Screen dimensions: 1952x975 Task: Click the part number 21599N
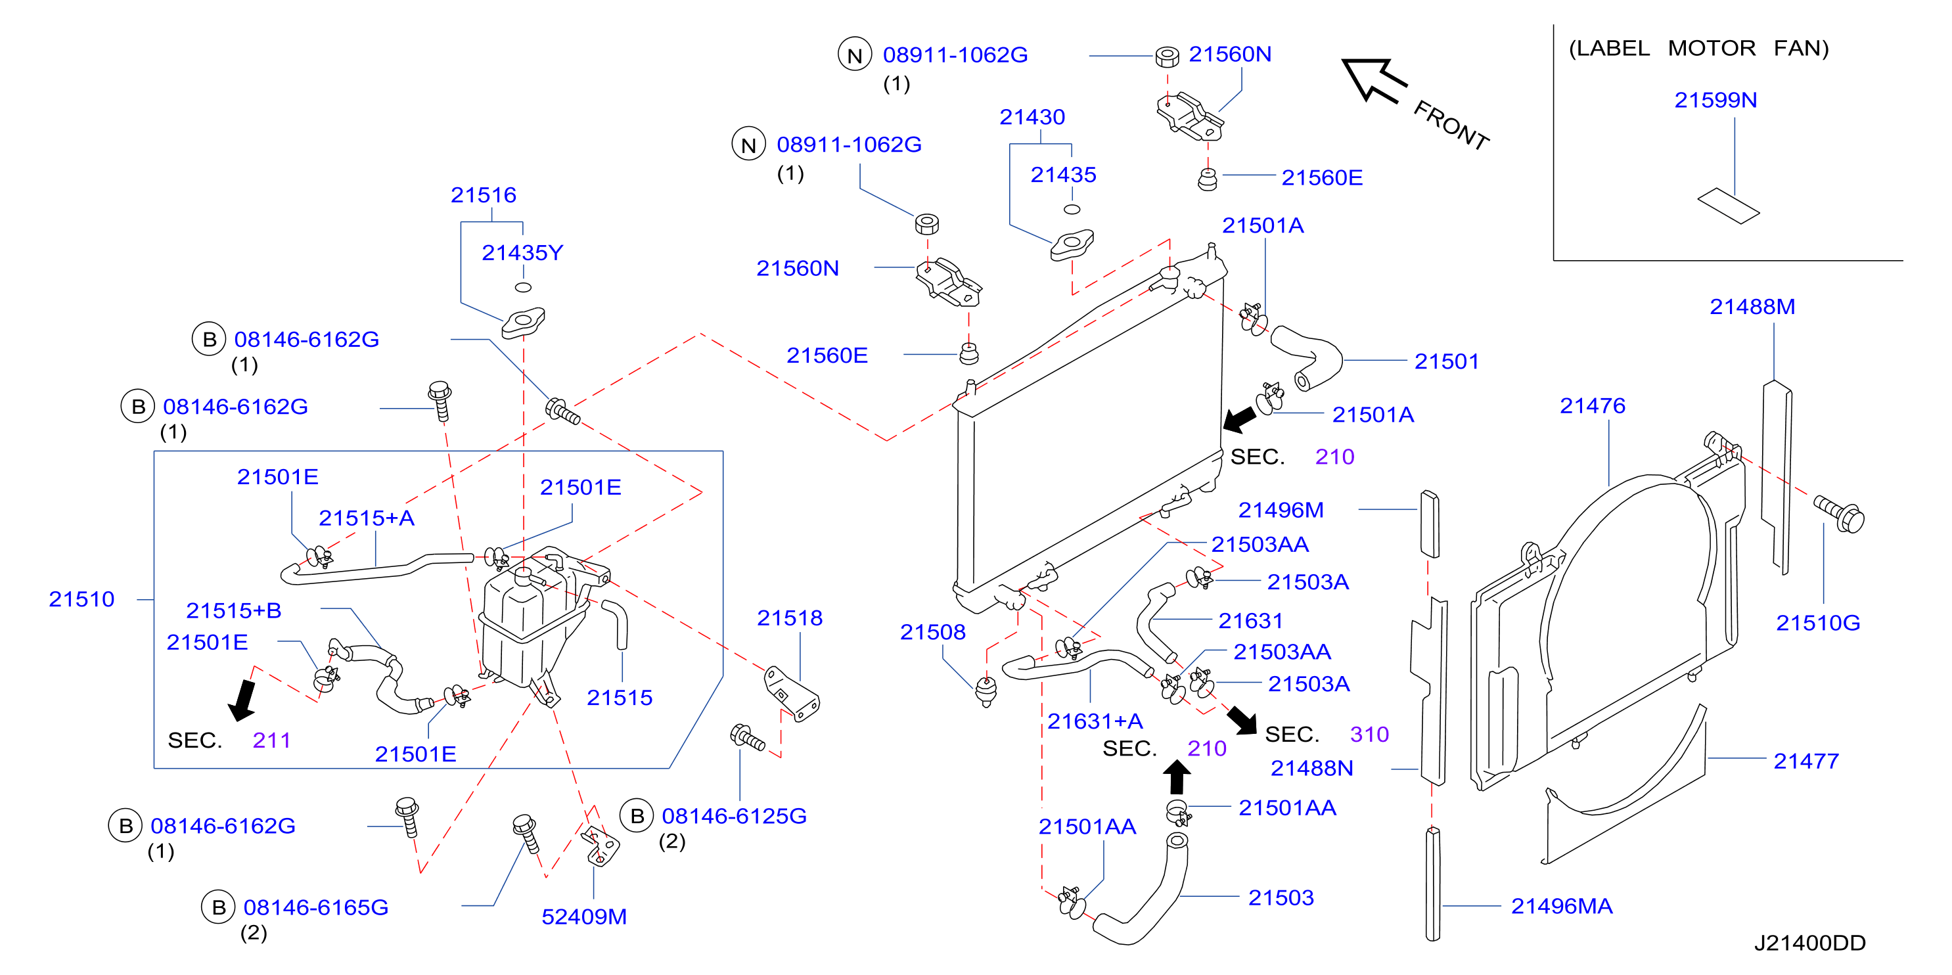tap(1715, 100)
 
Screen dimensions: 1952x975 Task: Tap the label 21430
tap(1032, 117)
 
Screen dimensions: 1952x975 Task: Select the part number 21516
tap(484, 194)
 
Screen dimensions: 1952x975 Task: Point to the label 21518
tap(790, 618)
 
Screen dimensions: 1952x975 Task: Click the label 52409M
tap(584, 917)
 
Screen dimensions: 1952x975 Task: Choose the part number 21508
tap(933, 632)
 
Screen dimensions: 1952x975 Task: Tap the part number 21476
tap(1593, 405)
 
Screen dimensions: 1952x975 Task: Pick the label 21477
tap(1807, 761)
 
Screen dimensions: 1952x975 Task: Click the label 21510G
tap(1818, 623)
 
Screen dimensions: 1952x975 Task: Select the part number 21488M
tap(1752, 306)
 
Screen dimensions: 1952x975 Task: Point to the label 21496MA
tap(1562, 906)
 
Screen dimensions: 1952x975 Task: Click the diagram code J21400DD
tap(1809, 943)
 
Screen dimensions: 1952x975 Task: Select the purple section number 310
tap(1369, 734)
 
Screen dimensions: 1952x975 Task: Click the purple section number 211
tap(271, 740)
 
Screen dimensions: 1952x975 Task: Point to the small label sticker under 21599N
tap(1728, 206)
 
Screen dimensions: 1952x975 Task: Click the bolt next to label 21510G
tap(1839, 514)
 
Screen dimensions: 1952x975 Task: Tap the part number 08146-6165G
tap(316, 907)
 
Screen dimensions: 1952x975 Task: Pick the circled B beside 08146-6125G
tap(637, 816)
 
